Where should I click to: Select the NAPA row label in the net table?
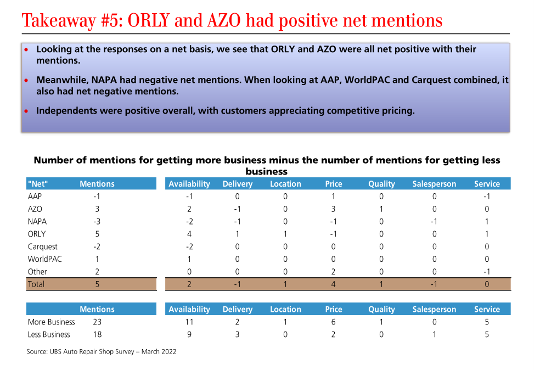[37, 221]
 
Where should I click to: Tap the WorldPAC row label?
[45, 259]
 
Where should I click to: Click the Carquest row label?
[43, 246]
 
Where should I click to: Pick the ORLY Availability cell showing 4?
[189, 234]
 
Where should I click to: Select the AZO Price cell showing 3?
[333, 209]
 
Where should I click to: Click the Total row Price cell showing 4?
[333, 284]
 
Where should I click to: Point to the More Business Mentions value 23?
[97, 322]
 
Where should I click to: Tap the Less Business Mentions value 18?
[97, 334]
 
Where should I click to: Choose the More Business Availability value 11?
[189, 322]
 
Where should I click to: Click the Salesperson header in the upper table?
[434, 184]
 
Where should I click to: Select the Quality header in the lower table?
[381, 309]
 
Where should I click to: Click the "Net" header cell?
[38, 184]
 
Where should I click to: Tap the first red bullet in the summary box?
[26, 49]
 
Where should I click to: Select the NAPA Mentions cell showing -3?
[97, 221]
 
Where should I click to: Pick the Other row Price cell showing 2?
[333, 272]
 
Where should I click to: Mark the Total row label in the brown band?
[36, 284]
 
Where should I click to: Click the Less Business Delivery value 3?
[237, 334]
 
